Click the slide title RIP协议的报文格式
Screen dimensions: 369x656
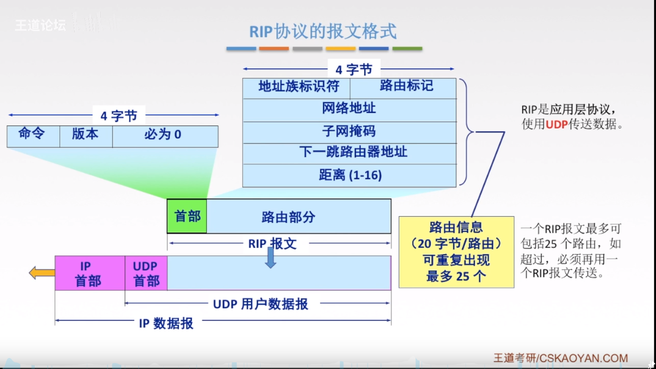click(323, 31)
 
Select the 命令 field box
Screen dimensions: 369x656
click(33, 136)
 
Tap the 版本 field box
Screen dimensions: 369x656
click(86, 136)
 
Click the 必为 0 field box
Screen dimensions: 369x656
click(165, 136)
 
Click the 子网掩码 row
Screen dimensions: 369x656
click(349, 132)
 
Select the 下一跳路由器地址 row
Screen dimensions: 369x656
click(349, 153)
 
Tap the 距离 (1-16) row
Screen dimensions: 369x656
click(349, 175)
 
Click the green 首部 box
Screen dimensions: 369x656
click(187, 216)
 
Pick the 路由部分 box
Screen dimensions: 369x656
click(299, 216)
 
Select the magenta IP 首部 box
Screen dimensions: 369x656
click(90, 273)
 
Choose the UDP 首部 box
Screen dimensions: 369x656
click(146, 273)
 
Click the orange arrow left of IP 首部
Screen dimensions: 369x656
click(42, 272)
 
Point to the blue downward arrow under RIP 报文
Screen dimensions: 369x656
click(271, 260)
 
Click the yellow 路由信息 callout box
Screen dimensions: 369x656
click(456, 252)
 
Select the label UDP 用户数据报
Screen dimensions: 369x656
click(261, 304)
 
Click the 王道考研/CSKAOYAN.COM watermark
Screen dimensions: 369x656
click(561, 359)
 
